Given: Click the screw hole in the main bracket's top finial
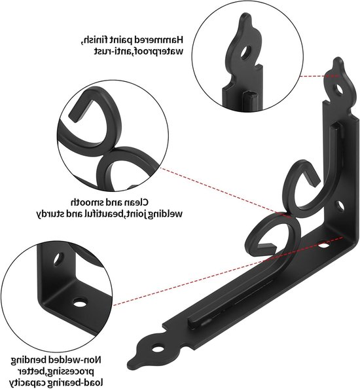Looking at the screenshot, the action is tap(339, 90).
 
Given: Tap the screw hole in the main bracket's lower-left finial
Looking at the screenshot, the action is tap(158, 349).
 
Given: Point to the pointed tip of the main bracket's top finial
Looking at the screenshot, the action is tap(338, 58).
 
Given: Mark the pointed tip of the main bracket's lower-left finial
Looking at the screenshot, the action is tap(131, 359).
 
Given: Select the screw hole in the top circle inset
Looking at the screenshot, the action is tap(245, 52).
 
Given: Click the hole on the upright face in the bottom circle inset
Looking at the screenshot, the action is tap(58, 259).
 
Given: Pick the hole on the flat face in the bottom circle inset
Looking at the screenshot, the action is tap(80, 302).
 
